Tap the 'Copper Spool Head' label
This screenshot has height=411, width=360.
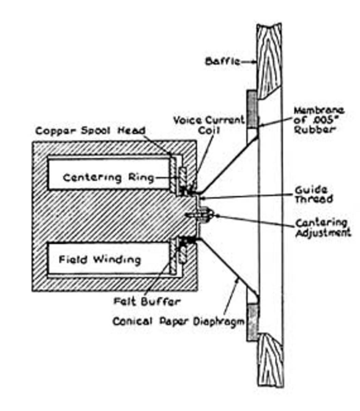(x=90, y=131)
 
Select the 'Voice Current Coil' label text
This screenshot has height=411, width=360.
(x=209, y=125)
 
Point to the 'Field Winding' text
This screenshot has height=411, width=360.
(x=100, y=259)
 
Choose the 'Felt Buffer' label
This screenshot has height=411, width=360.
(x=147, y=301)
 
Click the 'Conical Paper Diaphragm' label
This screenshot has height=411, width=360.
(x=178, y=322)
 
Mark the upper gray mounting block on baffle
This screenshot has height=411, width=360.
(x=252, y=110)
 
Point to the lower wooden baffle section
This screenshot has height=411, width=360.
(x=270, y=360)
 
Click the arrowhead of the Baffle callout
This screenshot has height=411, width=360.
(x=255, y=62)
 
